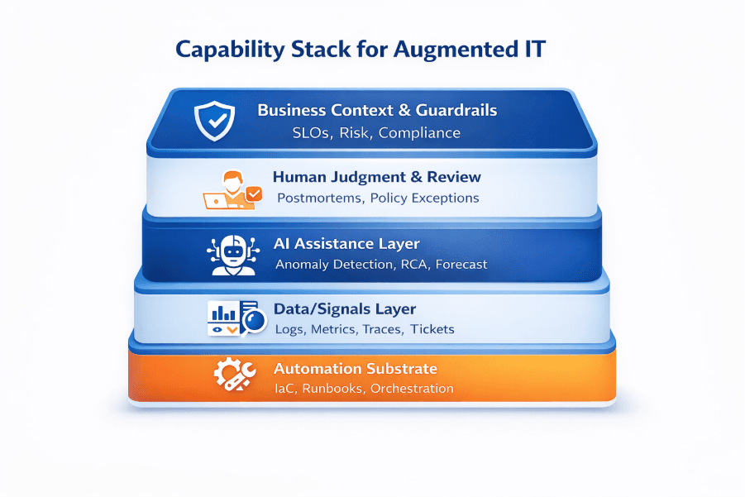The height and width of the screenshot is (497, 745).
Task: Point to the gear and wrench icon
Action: [x=231, y=376]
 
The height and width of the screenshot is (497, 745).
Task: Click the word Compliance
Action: [x=419, y=132]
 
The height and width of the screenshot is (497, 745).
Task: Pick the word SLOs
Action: [x=313, y=132]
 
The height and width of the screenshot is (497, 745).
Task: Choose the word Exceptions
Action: [x=446, y=198]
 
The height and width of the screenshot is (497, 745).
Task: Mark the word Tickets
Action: [x=432, y=329]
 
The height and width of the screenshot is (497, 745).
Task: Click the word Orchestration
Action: [x=412, y=389]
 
